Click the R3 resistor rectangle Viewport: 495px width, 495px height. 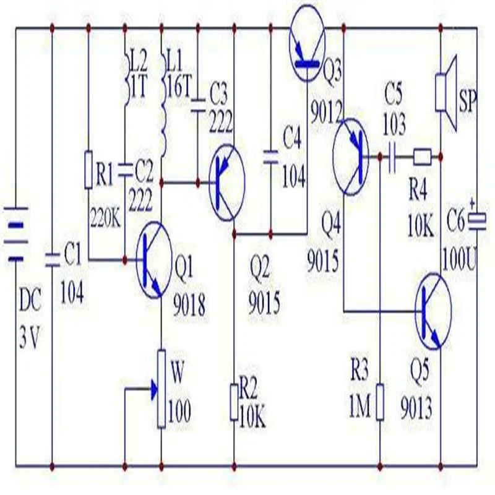tap(379, 400)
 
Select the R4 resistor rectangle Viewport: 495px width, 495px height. tap(423, 157)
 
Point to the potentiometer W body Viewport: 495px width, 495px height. tap(161, 388)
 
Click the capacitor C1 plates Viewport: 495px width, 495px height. tap(51, 256)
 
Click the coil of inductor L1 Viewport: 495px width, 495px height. tap(163, 118)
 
